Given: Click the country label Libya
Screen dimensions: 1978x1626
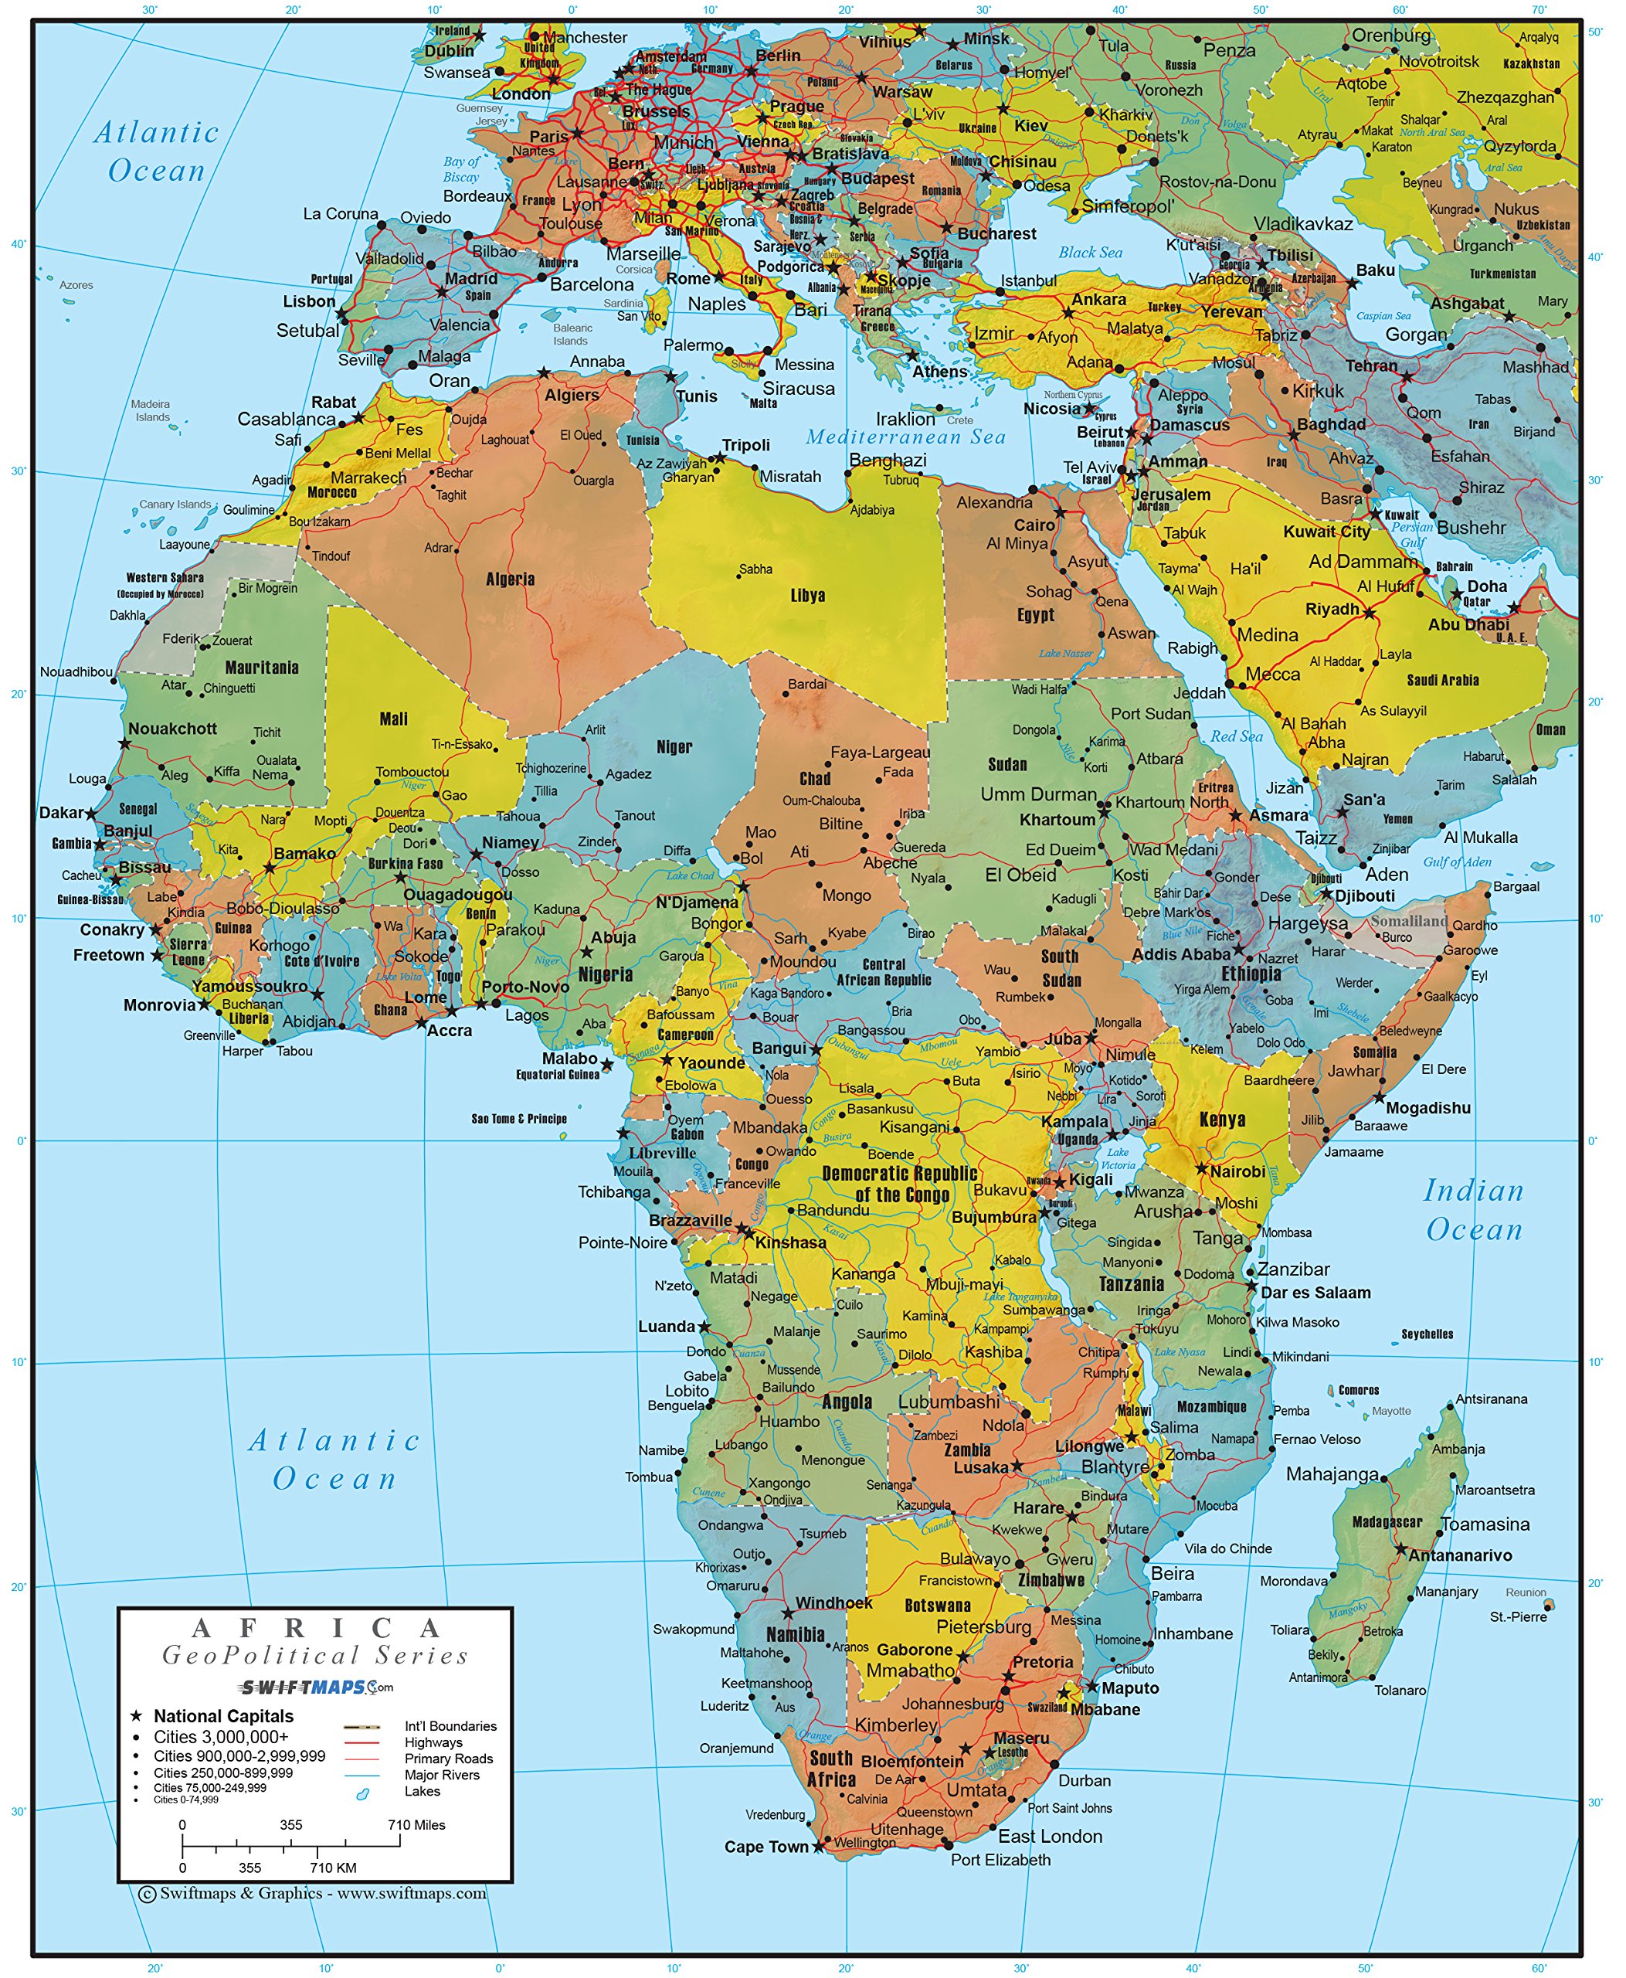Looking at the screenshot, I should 807,596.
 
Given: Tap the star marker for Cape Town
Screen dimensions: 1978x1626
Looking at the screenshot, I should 819,1846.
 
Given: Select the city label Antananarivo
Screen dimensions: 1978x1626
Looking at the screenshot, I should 1459,1555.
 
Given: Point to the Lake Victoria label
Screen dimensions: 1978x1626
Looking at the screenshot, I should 1118,1159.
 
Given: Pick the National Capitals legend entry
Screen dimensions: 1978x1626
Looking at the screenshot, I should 223,1715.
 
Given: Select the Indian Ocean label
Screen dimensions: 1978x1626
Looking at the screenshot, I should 1473,1210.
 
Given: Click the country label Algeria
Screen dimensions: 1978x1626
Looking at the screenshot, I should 511,579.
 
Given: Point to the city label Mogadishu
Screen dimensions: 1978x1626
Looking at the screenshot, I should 1427,1107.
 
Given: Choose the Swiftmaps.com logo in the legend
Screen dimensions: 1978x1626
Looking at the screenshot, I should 316,1687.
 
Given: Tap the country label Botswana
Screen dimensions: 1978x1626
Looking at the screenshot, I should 937,1605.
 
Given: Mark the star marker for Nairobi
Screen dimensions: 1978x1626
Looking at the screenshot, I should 1202,1169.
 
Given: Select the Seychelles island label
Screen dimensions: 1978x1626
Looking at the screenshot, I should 1427,1334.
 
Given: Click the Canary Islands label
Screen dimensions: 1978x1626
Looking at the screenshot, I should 175,504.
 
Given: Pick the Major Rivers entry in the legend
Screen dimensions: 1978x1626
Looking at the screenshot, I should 441,1775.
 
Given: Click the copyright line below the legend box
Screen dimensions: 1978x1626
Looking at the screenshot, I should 313,1894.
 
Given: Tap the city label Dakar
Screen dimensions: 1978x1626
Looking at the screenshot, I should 62,812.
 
